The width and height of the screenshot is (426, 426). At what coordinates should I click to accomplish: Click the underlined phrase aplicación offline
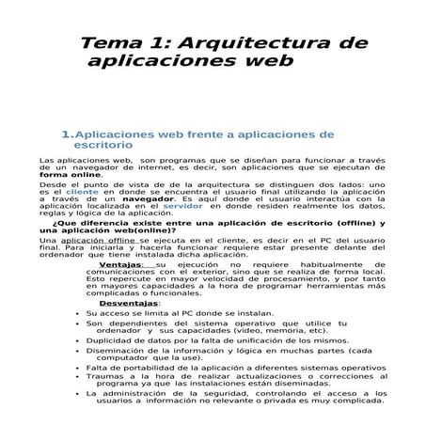coord(93,241)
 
